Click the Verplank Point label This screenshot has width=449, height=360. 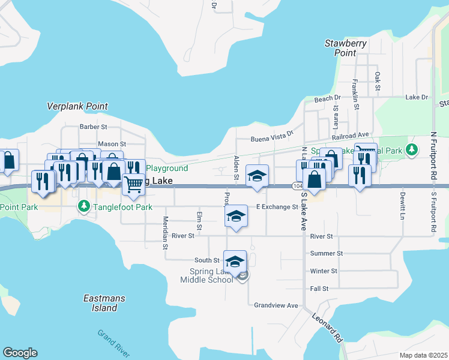pos(77,106)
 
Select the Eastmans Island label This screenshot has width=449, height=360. pos(100,303)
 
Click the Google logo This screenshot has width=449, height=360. pos(20,353)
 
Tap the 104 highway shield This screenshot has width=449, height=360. pos(298,187)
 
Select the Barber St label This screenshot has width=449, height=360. pos(93,127)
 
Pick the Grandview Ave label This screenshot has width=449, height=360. pos(276,305)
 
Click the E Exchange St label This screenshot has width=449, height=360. pos(277,207)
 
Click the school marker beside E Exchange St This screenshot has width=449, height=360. pos(236,216)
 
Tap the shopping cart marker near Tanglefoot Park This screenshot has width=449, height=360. pos(133,184)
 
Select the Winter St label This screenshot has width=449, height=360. pos(323,271)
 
